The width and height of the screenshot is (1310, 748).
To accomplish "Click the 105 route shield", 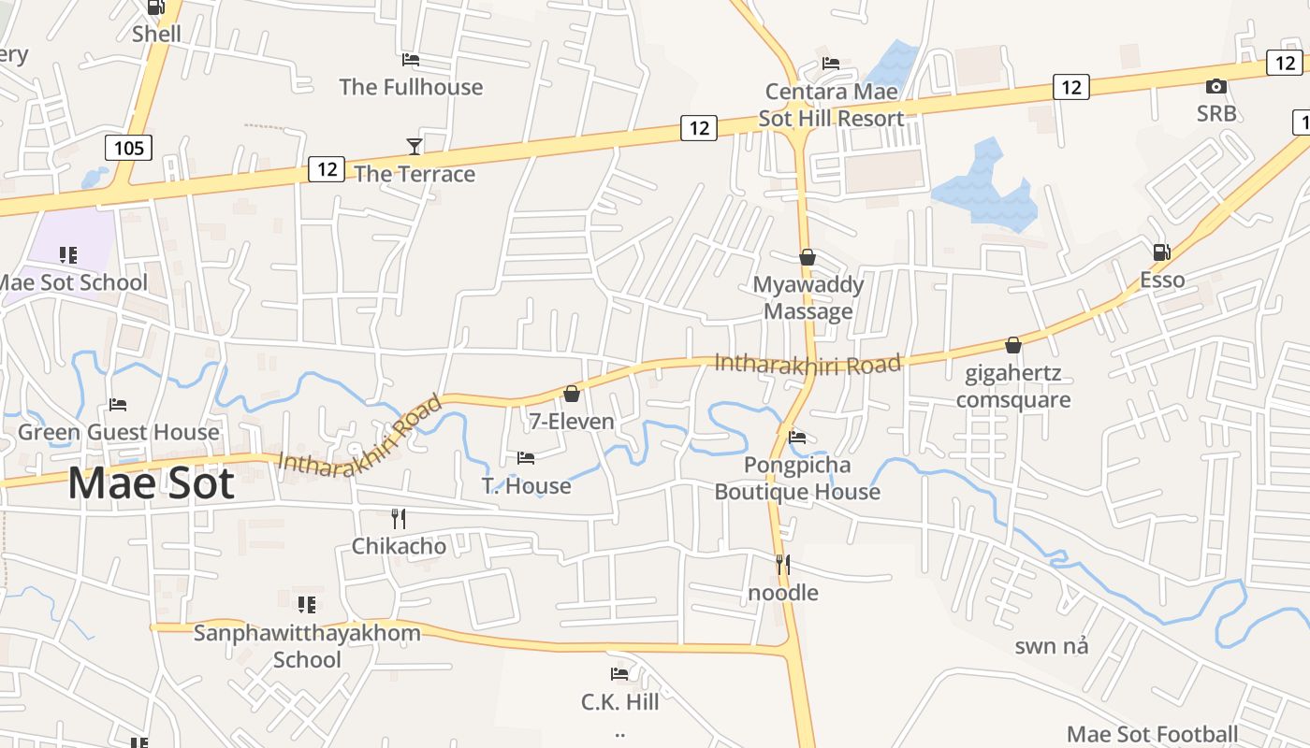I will (128, 147).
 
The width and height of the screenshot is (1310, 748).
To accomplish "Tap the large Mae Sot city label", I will (151, 483).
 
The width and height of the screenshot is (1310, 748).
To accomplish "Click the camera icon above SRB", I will (1215, 87).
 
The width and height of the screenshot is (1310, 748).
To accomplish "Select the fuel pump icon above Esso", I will (1161, 252).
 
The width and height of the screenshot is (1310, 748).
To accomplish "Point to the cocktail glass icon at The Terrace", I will (415, 146).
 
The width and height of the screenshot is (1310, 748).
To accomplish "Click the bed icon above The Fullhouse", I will (411, 60).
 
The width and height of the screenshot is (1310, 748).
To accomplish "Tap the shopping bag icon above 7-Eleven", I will (571, 394).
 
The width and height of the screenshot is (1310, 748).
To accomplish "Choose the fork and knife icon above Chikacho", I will (399, 518).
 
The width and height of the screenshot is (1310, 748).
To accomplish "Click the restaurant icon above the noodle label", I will (783, 564).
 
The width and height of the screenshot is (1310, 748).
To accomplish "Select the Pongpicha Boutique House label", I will (797, 478).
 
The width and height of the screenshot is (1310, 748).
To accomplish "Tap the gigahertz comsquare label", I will (1013, 387).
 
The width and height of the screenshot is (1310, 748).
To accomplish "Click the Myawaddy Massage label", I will (808, 297).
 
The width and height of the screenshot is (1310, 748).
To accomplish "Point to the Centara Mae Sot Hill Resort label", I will (831, 105).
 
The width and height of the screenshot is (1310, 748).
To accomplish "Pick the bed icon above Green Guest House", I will (118, 405).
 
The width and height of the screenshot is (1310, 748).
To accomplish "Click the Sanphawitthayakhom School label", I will (307, 646).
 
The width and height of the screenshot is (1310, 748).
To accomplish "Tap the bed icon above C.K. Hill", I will (619, 673).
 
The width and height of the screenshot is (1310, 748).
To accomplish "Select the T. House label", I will (526, 485).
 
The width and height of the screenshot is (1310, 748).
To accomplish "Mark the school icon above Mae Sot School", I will (68, 255).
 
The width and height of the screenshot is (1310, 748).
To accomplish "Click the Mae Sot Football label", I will (1153, 734).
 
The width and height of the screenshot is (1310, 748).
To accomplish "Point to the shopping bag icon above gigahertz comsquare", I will (1013, 345).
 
